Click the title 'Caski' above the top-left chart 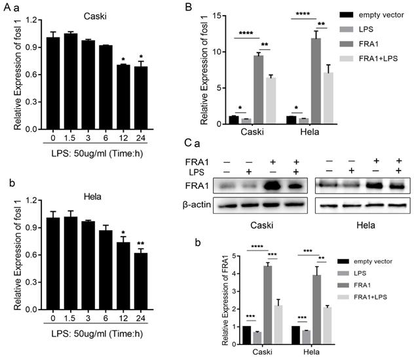[98, 13]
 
